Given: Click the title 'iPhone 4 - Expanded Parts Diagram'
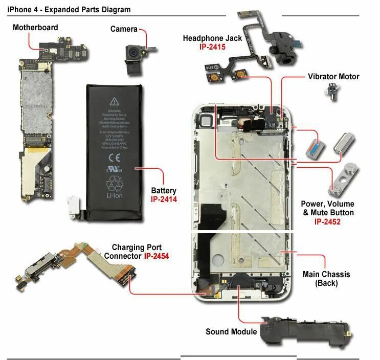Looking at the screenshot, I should click(x=69, y=9).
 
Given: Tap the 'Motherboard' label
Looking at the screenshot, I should click(x=35, y=27).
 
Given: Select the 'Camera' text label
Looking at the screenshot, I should click(x=124, y=29).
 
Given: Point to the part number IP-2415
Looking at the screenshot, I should click(x=212, y=47).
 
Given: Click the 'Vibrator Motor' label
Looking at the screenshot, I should click(x=333, y=77).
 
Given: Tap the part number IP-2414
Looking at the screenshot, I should click(x=164, y=199).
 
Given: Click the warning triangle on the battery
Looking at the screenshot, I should click(x=114, y=101).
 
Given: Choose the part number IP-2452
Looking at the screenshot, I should click(x=327, y=222).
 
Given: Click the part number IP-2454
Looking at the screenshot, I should click(x=157, y=255).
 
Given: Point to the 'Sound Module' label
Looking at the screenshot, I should click(x=231, y=332).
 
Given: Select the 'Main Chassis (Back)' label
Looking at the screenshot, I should click(x=326, y=279).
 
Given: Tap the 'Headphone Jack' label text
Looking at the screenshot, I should click(x=212, y=38).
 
